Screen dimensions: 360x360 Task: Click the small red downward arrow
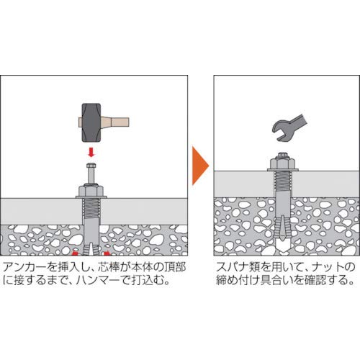click(91, 152)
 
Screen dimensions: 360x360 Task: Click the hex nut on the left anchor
click(91, 191)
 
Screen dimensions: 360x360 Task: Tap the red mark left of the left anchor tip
click(74, 253)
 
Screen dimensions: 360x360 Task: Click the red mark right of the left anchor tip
click(107, 253)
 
